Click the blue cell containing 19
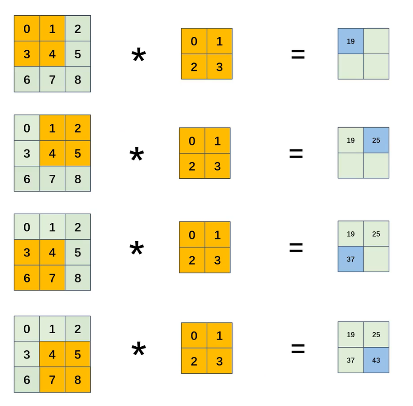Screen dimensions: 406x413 tap(351, 41)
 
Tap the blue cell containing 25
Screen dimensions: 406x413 tap(376, 140)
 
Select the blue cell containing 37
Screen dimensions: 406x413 tap(351, 259)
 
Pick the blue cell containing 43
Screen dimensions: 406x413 tap(376, 360)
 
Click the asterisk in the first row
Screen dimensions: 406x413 tap(138, 57)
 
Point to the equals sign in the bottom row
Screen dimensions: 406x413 tap(298, 349)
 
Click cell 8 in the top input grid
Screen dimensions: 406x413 tap(78, 79)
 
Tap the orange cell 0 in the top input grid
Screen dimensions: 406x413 tap(27, 29)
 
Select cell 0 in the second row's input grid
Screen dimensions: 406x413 tap(27, 128)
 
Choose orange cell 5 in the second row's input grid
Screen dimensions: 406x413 tap(78, 154)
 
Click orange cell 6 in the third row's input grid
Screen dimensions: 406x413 tap(27, 278)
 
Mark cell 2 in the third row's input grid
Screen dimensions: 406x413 tap(78, 227)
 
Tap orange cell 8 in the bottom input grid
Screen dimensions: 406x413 tap(78, 380)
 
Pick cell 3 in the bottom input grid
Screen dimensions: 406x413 tap(27, 354)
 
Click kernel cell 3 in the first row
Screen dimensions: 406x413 tap(219, 67)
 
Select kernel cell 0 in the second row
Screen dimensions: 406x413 tap(192, 141)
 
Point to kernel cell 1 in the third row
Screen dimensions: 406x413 tap(218, 234)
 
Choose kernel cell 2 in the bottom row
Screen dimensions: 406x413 tap(194, 361)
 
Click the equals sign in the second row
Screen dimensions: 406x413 tap(296, 154)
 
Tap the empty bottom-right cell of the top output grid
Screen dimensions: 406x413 tap(376, 66)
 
